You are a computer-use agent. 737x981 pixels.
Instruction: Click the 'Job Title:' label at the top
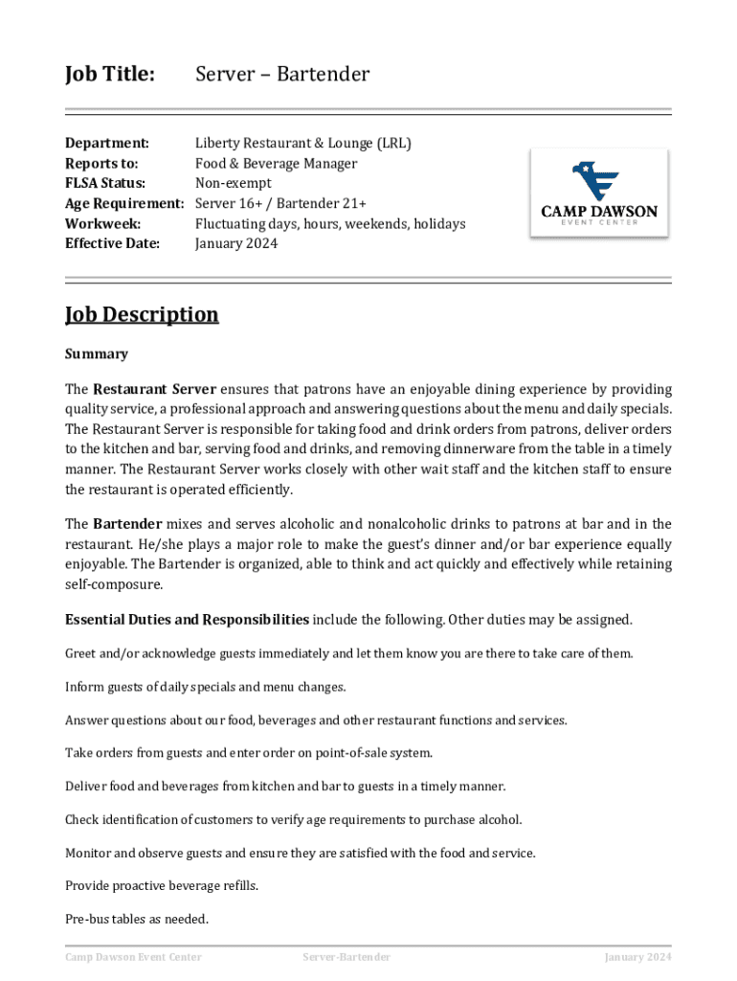click(x=109, y=74)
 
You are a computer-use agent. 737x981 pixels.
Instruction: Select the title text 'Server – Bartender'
click(x=282, y=74)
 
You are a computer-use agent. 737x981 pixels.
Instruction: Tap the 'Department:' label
click(x=106, y=144)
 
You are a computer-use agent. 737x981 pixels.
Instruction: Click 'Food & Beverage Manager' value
click(x=276, y=164)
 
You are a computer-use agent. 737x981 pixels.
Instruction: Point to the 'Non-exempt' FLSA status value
click(x=234, y=184)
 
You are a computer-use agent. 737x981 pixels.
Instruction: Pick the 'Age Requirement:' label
click(x=123, y=204)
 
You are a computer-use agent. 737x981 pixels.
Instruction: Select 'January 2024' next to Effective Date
click(x=236, y=244)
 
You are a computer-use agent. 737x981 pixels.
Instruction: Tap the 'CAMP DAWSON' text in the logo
click(x=599, y=212)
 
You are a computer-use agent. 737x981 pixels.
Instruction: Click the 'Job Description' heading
click(x=142, y=314)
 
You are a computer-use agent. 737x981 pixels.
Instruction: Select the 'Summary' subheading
click(x=96, y=354)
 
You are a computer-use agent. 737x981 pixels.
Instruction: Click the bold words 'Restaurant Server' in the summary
click(x=154, y=390)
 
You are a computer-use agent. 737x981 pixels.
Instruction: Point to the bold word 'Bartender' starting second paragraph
click(x=127, y=524)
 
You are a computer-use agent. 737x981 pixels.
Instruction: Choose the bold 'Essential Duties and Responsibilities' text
click(x=187, y=620)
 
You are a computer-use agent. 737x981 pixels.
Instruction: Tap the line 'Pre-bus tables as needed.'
click(x=136, y=920)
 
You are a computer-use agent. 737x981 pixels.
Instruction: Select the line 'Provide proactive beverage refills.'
click(x=161, y=886)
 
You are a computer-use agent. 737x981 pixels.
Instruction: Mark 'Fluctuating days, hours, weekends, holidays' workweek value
click(x=330, y=224)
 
